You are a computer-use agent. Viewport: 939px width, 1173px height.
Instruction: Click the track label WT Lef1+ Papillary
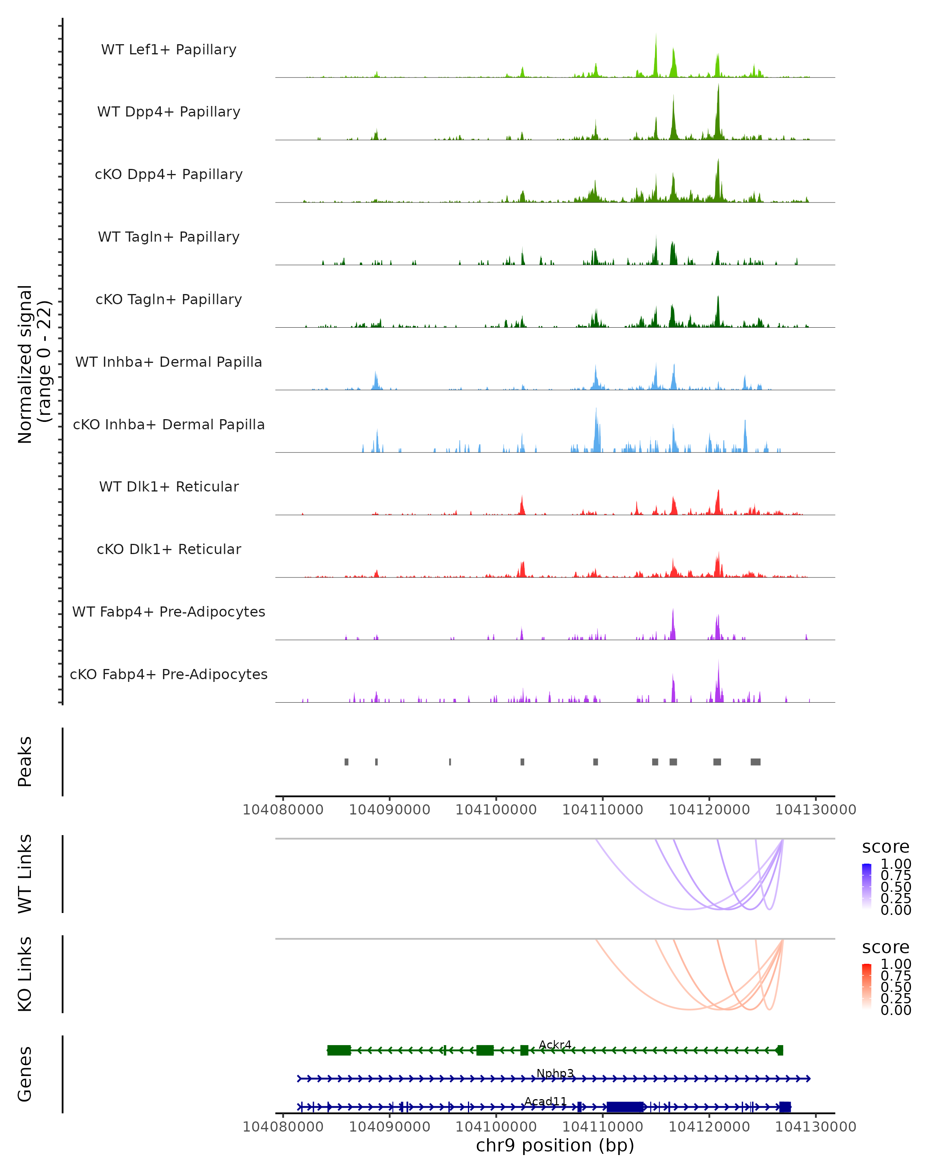(169, 50)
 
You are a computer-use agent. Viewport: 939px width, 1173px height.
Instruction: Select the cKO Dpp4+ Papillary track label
(169, 174)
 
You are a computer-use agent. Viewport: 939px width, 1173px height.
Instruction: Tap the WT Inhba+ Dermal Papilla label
(169, 362)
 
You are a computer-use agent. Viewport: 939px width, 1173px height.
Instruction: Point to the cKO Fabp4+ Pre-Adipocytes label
(169, 674)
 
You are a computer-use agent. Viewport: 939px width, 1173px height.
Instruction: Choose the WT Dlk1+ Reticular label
(169, 486)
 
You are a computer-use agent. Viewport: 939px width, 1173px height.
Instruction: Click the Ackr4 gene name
(555, 1045)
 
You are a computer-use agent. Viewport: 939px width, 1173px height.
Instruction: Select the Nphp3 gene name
(555, 1073)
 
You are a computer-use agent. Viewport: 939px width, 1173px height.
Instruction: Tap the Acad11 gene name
(545, 1102)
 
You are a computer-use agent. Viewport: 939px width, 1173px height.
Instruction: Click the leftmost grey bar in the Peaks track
(346, 762)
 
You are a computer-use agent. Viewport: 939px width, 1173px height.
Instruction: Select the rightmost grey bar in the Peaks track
(755, 762)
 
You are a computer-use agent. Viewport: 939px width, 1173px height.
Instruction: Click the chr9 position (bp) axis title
(555, 1145)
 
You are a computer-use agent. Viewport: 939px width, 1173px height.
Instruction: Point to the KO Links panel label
(25, 974)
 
